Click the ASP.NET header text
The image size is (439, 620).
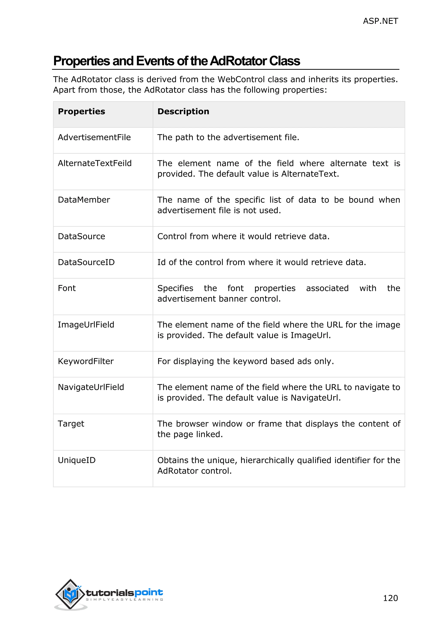click(380, 21)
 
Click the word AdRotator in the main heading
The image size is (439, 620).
click(238, 61)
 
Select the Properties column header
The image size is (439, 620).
click(81, 112)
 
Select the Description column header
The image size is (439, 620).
click(183, 112)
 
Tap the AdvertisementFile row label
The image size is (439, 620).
click(94, 137)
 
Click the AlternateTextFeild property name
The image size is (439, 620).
click(95, 163)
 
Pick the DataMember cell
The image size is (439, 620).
click(84, 200)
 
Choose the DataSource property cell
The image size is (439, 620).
click(81, 236)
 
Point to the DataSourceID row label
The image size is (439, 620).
click(86, 262)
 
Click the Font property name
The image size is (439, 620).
click(67, 288)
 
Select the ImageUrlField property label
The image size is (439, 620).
click(86, 325)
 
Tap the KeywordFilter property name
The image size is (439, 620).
click(86, 361)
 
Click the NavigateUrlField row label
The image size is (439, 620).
click(91, 387)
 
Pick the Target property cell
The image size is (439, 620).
click(71, 424)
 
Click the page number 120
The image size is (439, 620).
click(390, 598)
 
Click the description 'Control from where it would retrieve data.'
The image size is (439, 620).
click(243, 236)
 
